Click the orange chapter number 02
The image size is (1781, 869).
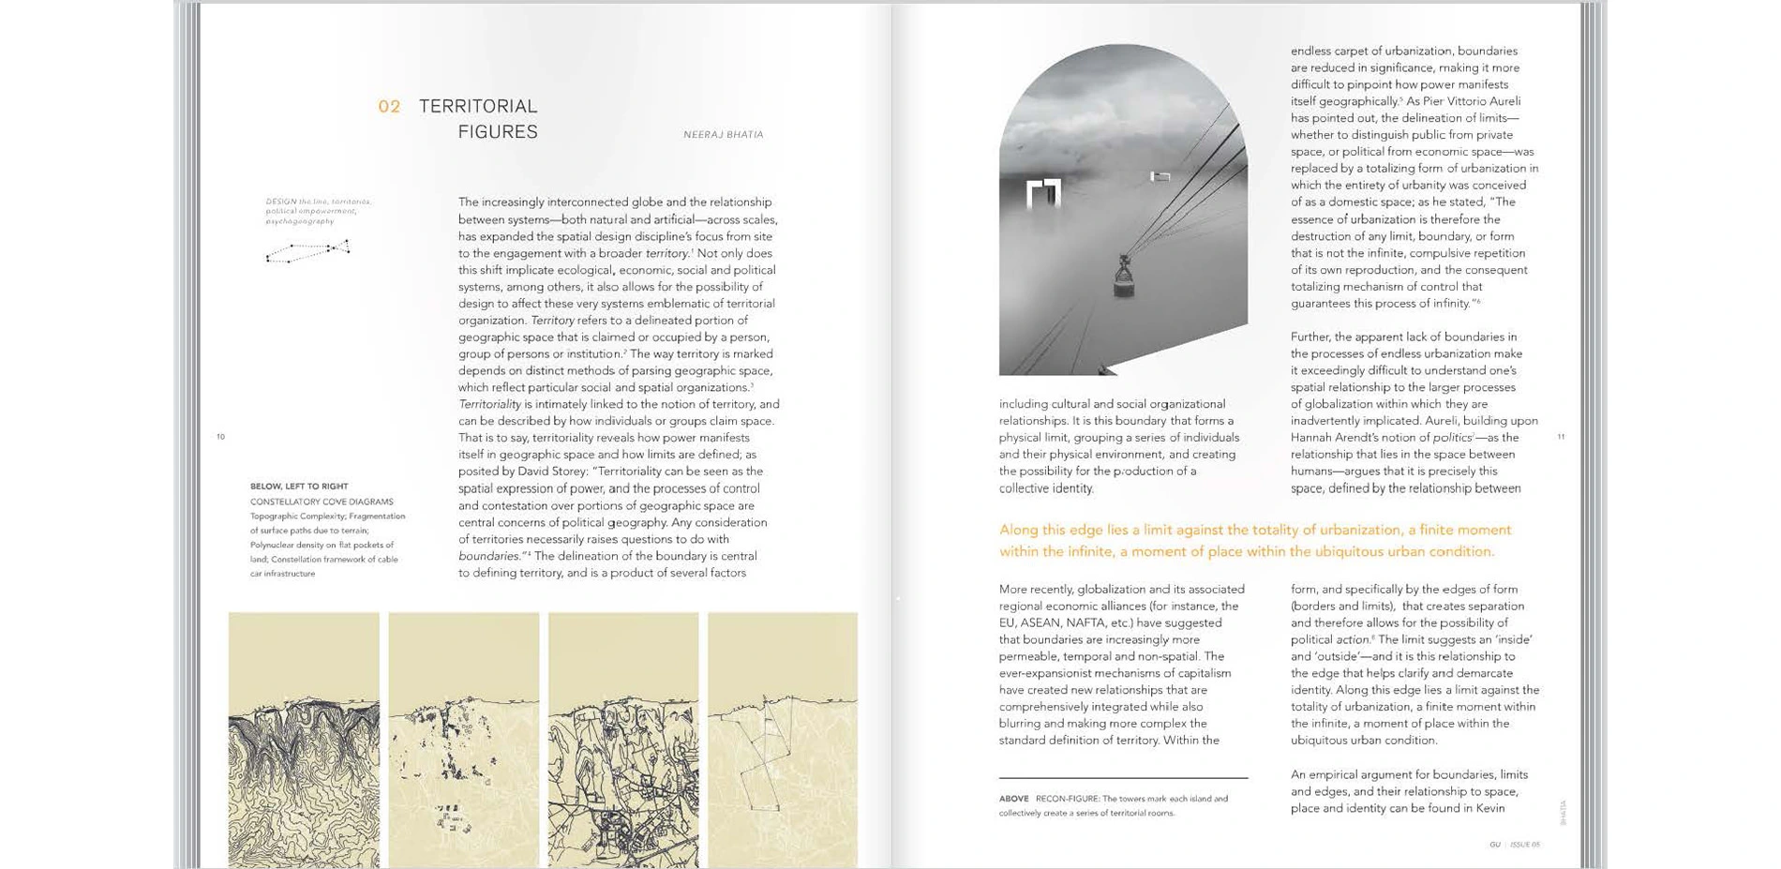389,107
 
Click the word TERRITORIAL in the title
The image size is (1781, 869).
478,106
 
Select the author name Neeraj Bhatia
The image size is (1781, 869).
723,135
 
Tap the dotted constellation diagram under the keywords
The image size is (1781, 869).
308,251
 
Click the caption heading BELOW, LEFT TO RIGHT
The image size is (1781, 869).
299,487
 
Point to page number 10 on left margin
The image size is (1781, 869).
221,437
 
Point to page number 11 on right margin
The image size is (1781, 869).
1561,437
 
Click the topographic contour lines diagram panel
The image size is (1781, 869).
304,741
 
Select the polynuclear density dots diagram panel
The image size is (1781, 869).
464,741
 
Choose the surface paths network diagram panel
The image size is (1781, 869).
623,741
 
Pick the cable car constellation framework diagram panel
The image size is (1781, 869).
783,741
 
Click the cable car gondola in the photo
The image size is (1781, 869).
1123,277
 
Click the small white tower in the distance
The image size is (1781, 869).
1160,176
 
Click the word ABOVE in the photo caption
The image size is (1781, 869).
1013,800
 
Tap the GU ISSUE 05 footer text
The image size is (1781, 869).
1514,845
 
